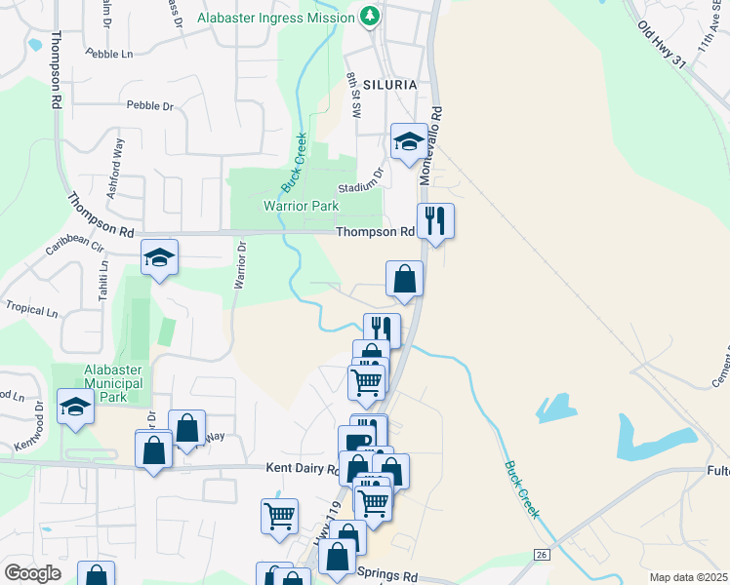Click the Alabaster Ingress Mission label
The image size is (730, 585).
pos(276,18)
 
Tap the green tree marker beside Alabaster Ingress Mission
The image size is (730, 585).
pos(370,17)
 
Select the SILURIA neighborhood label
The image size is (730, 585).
pos(390,85)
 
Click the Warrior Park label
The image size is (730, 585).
pos(301,206)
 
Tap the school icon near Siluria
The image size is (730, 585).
pos(409,141)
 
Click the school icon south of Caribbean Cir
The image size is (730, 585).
pos(160,258)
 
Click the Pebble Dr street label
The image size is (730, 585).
pos(149,104)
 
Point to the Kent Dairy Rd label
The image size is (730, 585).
pos(302,469)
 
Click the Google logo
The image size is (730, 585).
pos(32,573)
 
